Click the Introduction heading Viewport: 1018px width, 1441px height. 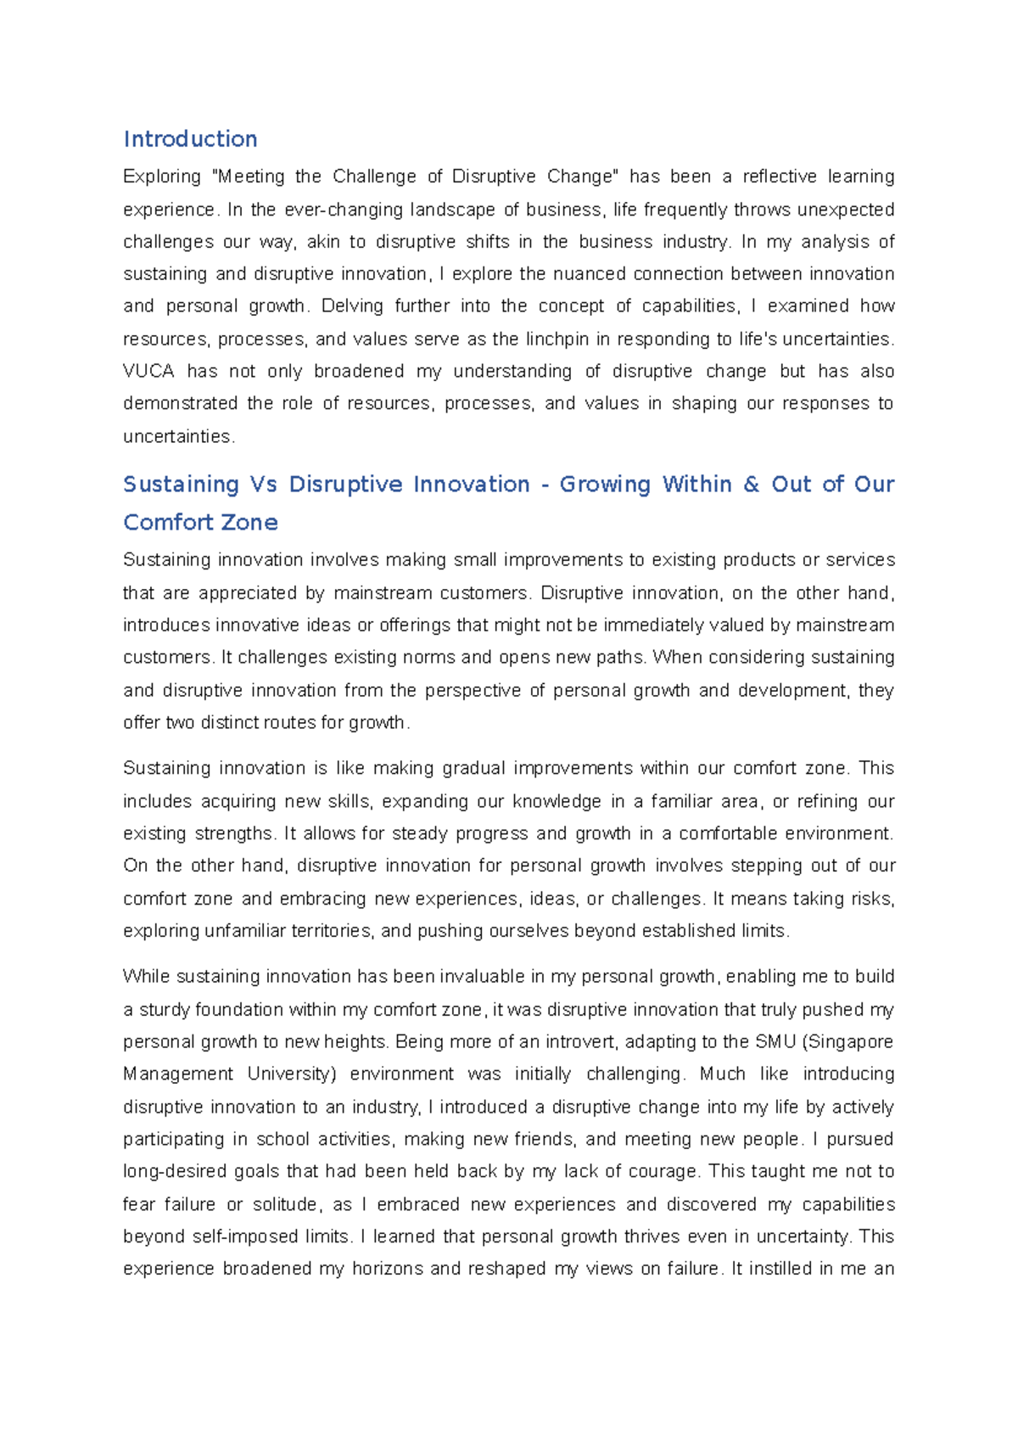[x=190, y=139]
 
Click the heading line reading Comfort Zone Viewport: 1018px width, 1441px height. [x=200, y=523]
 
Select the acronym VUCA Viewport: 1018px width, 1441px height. [x=148, y=372]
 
